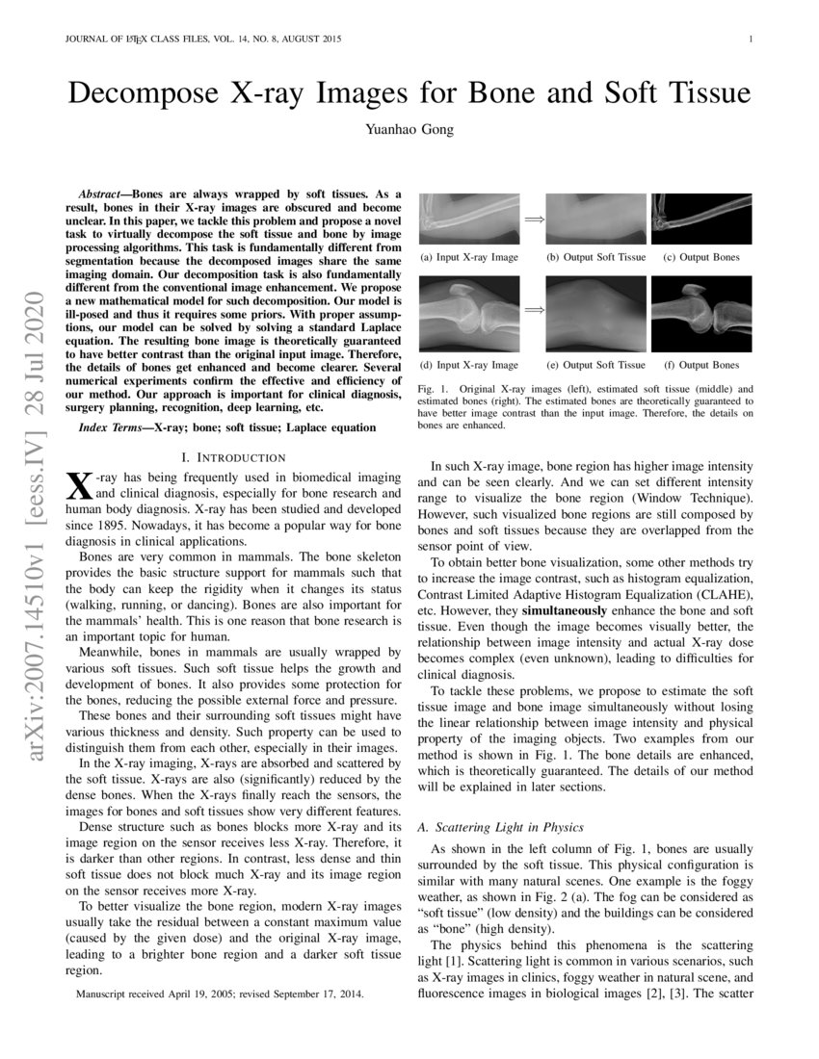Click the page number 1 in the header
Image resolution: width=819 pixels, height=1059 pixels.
[x=750, y=39]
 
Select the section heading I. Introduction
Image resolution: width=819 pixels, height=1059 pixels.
[x=240, y=456]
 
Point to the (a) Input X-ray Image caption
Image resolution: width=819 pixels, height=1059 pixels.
[x=469, y=258]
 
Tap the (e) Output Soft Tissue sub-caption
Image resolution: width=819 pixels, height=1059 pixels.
[x=595, y=365]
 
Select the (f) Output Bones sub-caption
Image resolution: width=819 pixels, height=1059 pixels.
[x=701, y=365]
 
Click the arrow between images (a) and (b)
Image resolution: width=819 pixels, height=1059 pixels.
[x=533, y=220]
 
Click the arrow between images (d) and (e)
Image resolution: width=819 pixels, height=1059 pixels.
[x=533, y=311]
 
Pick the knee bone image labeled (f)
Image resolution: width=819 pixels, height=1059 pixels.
[x=700, y=315]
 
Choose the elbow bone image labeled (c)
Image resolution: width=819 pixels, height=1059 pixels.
[x=700, y=219]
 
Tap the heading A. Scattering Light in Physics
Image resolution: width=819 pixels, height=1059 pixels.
[x=501, y=827]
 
